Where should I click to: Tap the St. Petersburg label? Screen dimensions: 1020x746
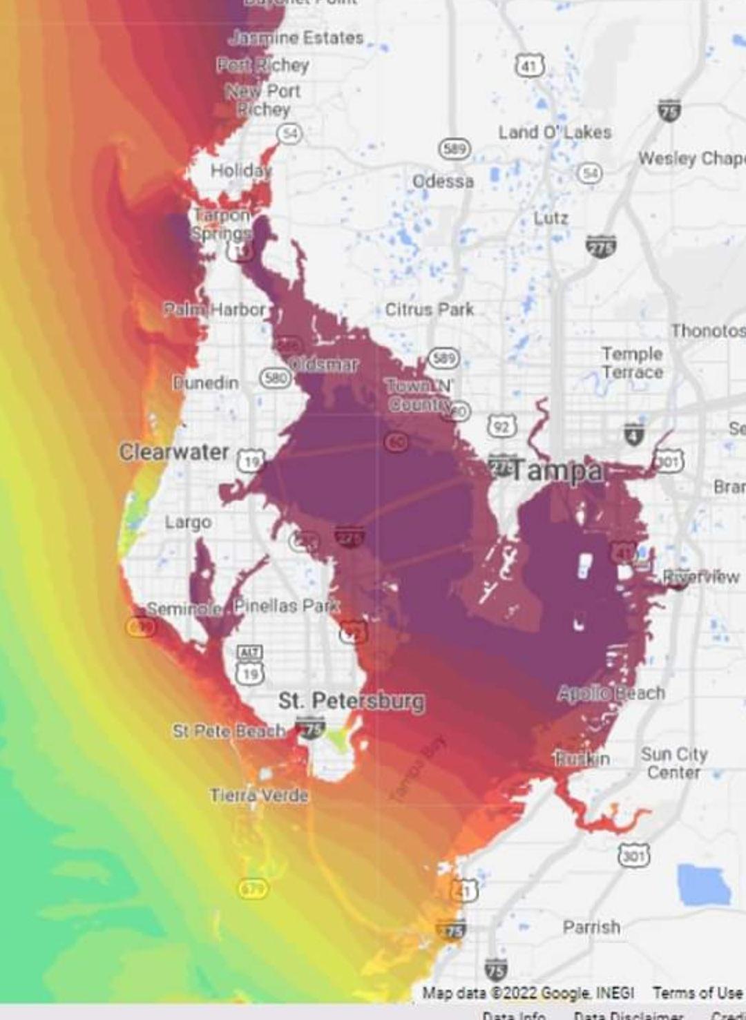[351, 701]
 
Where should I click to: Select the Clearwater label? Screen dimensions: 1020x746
[174, 452]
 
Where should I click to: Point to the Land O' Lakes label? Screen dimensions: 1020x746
[555, 132]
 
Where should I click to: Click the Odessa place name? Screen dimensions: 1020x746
[443, 182]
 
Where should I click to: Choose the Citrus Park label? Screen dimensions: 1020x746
[429, 309]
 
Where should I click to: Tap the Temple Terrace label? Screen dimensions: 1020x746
[632, 363]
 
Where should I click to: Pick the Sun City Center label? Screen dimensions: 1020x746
[673, 763]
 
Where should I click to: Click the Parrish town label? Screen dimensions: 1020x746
[591, 927]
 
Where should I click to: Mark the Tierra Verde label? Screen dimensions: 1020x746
[259, 795]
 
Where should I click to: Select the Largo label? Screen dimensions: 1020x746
[188, 522]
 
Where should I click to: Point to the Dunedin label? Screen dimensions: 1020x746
[206, 383]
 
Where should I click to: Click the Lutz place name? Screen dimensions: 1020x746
[551, 218]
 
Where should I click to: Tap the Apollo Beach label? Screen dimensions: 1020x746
[611, 693]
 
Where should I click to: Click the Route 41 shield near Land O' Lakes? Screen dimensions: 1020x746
[530, 66]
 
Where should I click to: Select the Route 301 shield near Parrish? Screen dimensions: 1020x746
[633, 856]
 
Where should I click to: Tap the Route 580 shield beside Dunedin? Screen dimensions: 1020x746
[275, 378]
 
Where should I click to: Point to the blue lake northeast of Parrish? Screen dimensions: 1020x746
[703, 885]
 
